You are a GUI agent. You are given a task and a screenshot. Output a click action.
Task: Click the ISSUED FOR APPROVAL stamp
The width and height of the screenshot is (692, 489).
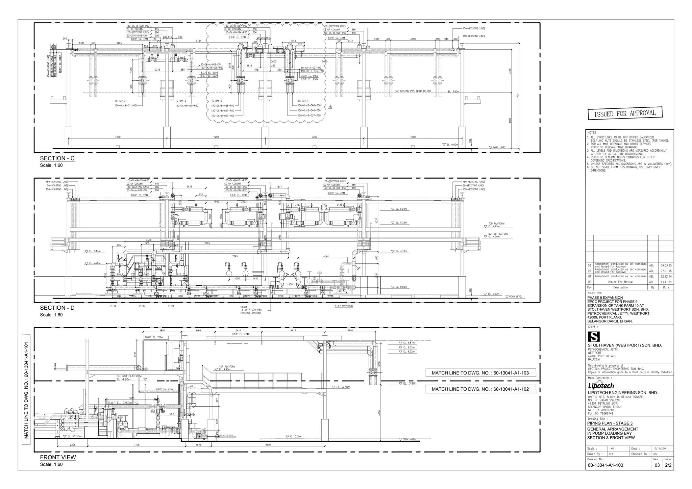(x=625, y=113)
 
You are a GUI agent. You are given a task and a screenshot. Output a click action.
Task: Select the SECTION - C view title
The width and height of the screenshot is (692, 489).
(x=57, y=158)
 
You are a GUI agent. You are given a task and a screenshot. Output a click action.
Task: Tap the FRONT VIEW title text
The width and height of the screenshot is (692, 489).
(x=58, y=457)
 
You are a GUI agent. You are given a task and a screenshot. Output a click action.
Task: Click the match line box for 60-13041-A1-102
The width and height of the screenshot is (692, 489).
(x=480, y=389)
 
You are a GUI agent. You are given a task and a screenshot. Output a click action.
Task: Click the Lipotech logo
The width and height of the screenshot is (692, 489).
(x=601, y=386)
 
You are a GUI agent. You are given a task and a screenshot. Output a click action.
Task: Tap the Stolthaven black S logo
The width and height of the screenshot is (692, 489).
(x=594, y=337)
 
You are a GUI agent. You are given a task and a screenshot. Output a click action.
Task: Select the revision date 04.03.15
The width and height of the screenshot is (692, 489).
(x=666, y=265)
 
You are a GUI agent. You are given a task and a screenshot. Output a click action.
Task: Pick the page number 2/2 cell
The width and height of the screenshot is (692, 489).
(x=668, y=465)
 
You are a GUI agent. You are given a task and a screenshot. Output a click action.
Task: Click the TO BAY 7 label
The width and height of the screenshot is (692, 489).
(x=120, y=101)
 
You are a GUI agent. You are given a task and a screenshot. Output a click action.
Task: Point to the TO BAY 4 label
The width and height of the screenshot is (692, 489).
(x=303, y=101)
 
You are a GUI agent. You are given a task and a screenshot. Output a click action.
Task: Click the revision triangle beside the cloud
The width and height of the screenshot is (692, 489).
(x=330, y=107)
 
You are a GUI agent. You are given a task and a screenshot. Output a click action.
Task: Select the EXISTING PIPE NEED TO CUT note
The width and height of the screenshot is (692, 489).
(x=415, y=91)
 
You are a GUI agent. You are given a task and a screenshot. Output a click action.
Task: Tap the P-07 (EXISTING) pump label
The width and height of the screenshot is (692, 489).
(x=343, y=306)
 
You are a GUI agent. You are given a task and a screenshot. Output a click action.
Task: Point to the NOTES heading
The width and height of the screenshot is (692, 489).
(x=593, y=133)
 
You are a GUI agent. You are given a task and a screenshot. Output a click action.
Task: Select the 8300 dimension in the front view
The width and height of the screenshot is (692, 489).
(x=268, y=445)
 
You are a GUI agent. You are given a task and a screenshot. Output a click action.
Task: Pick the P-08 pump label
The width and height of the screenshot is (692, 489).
(x=114, y=306)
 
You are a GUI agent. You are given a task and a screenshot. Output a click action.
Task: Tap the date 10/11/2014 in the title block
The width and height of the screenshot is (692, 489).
(x=659, y=448)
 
